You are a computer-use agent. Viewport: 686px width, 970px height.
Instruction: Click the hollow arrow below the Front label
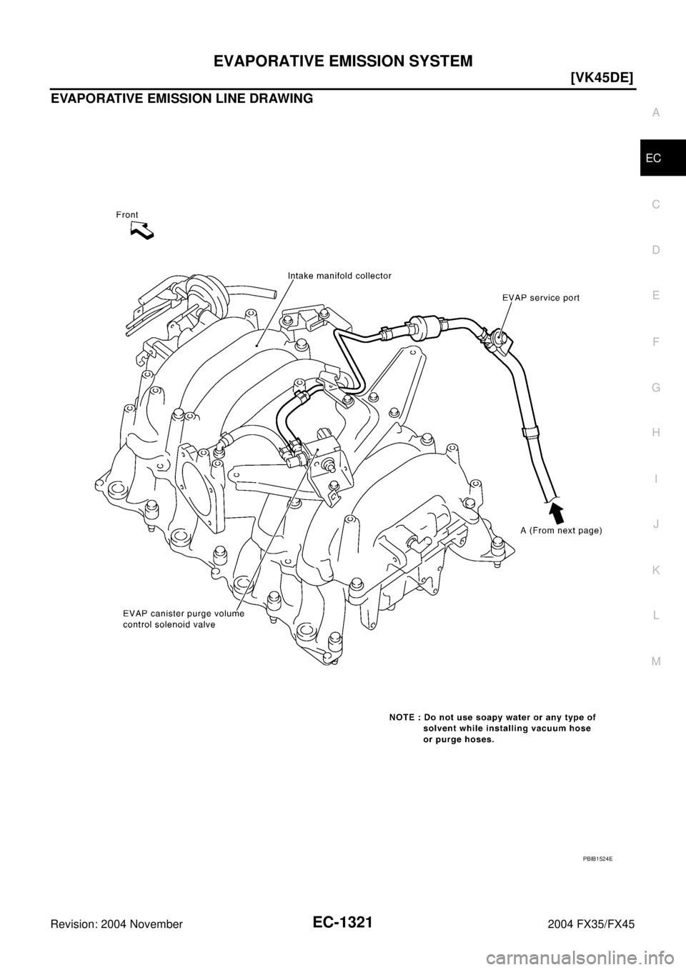pyautogui.click(x=143, y=230)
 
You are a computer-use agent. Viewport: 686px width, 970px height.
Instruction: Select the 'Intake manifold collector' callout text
pyautogui.click(x=339, y=276)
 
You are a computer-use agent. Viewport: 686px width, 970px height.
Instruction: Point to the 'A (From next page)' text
pyautogui.click(x=561, y=530)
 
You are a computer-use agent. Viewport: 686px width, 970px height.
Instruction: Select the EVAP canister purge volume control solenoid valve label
pyautogui.click(x=184, y=618)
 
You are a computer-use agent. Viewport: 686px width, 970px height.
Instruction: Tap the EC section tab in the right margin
pyautogui.click(x=656, y=158)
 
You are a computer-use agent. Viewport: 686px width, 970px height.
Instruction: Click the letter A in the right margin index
pyautogui.click(x=656, y=112)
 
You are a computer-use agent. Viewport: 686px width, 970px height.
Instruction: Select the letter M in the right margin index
pyautogui.click(x=656, y=661)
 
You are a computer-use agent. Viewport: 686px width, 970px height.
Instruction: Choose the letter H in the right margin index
pyautogui.click(x=656, y=433)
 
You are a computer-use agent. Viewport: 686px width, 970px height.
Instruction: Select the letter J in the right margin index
pyautogui.click(x=656, y=524)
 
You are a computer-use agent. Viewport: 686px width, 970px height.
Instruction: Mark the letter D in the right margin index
pyautogui.click(x=656, y=250)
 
